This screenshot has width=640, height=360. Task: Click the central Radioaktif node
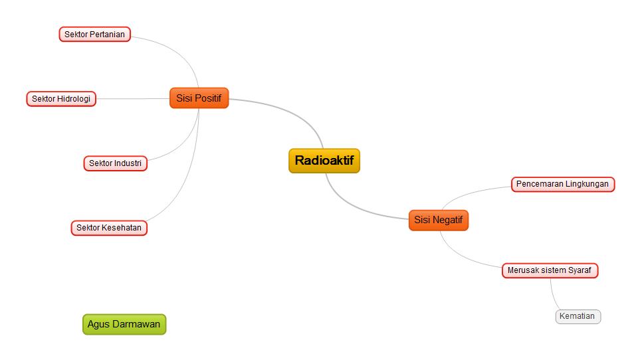point(324,161)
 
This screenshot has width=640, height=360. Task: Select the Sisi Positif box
point(199,98)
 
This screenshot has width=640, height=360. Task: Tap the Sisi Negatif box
point(438,220)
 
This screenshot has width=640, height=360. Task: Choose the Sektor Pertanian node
point(94,34)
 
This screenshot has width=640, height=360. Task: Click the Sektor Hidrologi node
point(61,99)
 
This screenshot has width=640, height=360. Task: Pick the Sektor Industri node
point(115,163)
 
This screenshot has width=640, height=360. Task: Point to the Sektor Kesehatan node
point(109,228)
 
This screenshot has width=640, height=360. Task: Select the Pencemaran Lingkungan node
point(562,184)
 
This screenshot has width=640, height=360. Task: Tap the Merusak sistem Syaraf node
point(549,270)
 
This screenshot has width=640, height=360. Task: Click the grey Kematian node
point(577,316)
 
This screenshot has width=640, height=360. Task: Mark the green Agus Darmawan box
point(124,324)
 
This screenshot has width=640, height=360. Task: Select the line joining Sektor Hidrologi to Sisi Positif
point(133,99)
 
